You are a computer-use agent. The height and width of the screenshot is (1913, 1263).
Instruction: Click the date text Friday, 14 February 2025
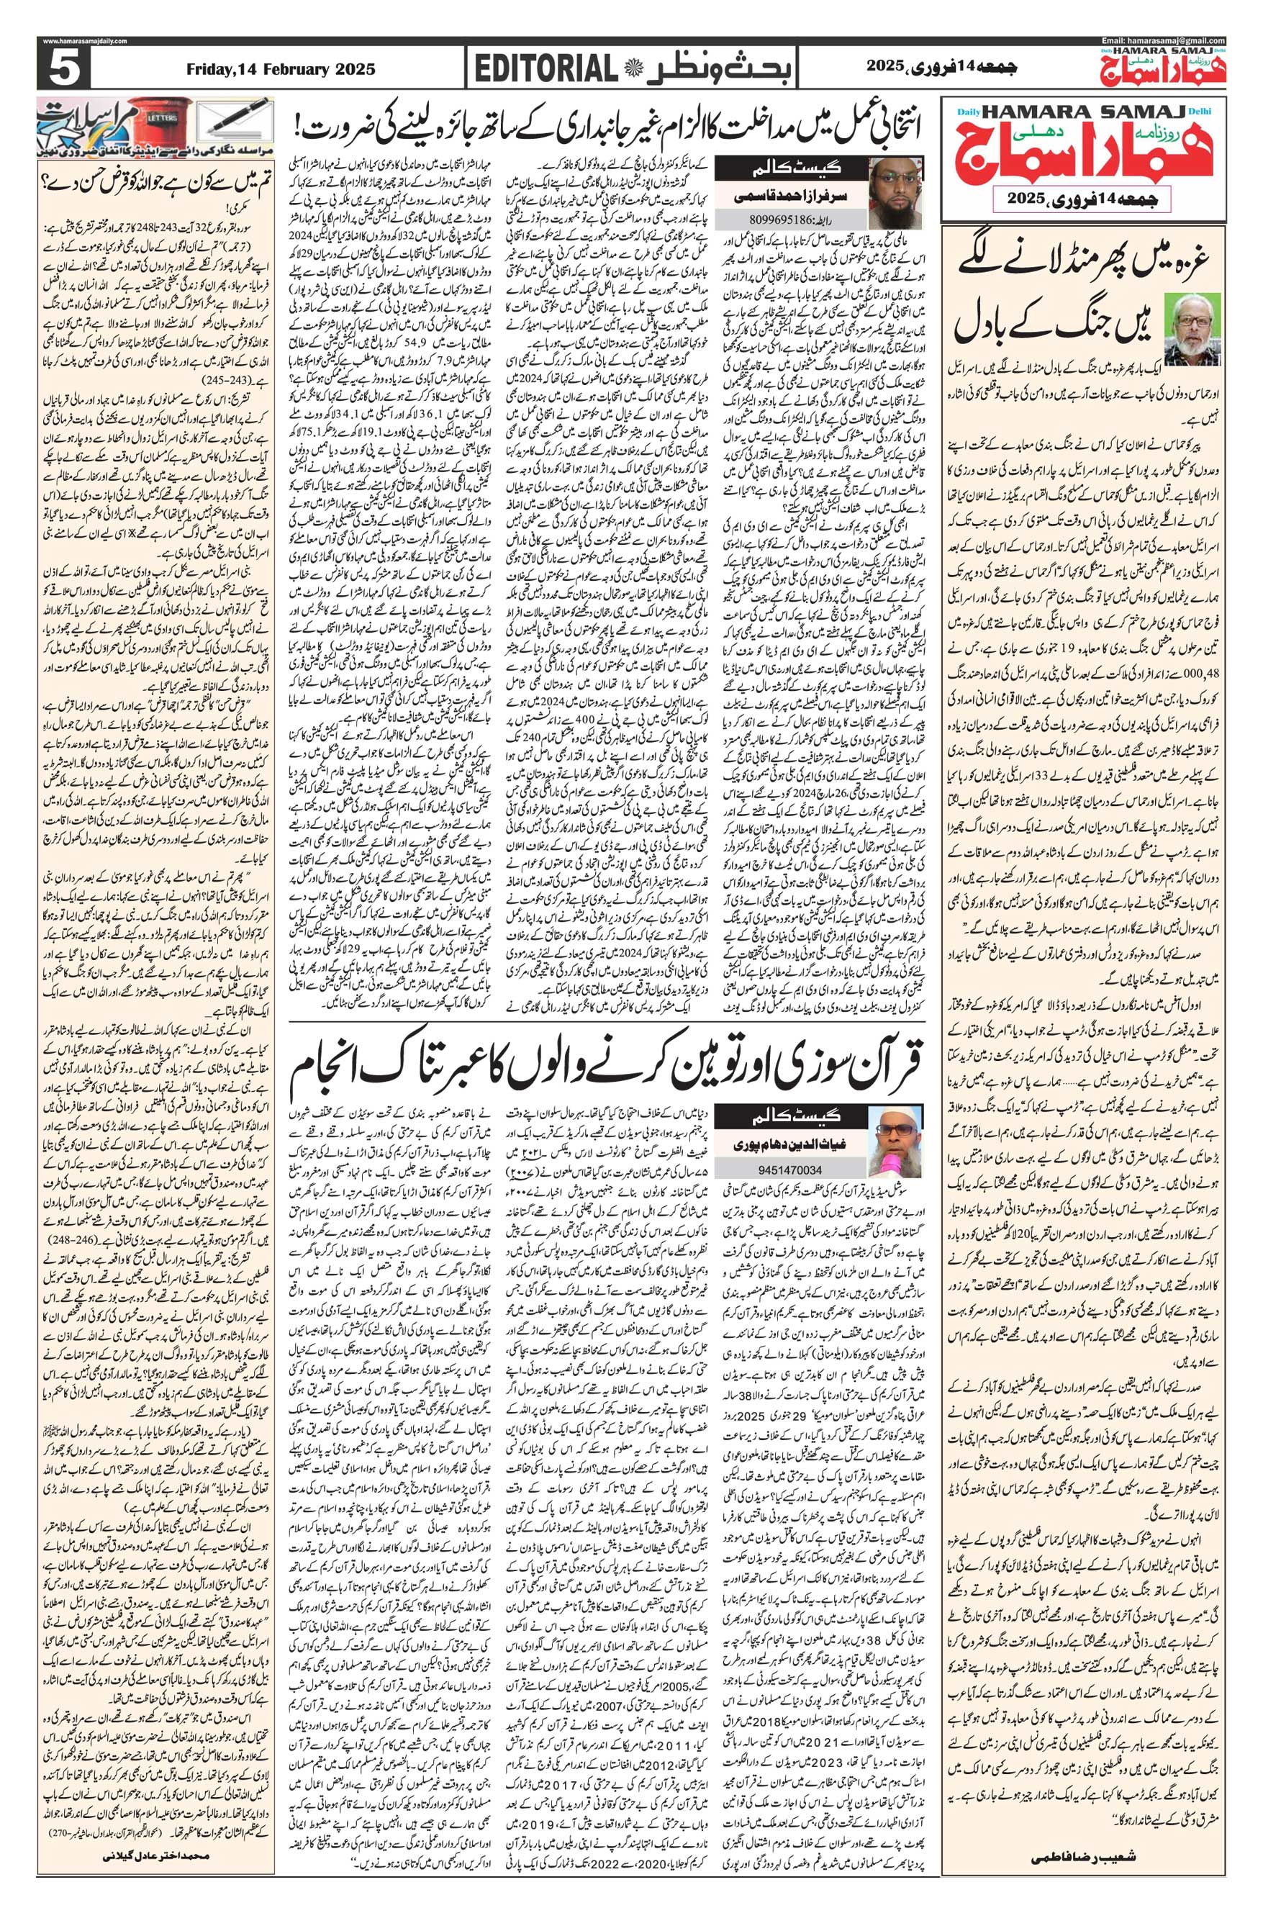281,69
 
